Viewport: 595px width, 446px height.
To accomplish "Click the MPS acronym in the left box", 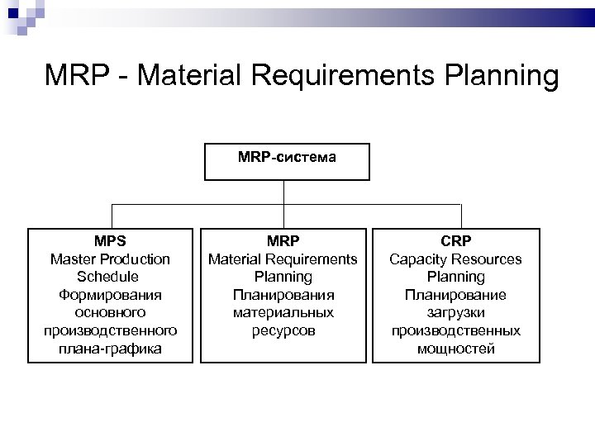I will (110, 241).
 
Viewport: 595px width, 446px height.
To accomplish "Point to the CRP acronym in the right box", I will (455, 241).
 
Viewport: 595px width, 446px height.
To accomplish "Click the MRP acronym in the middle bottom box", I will (283, 241).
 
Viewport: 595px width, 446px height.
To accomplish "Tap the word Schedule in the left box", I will (110, 277).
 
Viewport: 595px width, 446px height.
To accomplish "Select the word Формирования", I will (110, 295).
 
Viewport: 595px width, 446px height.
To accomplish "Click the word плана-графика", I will (110, 349).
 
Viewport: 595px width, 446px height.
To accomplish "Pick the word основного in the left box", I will (110, 313).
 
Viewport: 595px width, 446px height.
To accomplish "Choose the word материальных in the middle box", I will (283, 313).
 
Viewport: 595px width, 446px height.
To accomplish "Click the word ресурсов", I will (283, 330).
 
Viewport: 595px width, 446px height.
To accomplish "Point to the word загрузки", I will (455, 313).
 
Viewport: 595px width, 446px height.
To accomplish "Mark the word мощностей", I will (455, 349).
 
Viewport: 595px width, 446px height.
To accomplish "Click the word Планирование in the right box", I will (455, 295).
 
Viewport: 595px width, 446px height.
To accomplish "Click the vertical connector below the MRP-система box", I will (283, 192).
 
